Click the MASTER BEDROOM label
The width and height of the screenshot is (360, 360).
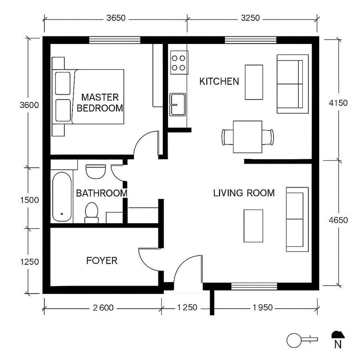(x=100, y=102)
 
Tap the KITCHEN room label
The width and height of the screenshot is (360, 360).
(x=219, y=82)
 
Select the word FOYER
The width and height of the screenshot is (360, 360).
(x=102, y=261)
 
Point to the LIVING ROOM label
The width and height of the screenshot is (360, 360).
(x=244, y=193)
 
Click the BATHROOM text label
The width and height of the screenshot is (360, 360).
(x=101, y=193)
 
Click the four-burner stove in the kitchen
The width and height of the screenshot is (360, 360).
(x=179, y=62)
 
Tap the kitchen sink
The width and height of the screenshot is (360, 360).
(x=178, y=104)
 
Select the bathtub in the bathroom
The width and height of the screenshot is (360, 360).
(x=62, y=197)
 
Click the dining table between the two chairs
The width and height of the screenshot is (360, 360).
(x=248, y=137)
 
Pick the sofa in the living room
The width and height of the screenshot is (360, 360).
(x=297, y=219)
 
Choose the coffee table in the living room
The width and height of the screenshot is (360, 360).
(x=254, y=226)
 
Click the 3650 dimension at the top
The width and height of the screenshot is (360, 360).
(x=116, y=18)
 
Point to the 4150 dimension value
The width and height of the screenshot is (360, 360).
(x=338, y=103)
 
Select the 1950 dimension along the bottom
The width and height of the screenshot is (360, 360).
(x=263, y=308)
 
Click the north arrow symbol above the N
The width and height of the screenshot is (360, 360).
(x=337, y=334)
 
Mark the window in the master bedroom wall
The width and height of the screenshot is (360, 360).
(x=114, y=40)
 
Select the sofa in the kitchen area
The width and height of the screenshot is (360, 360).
(x=292, y=84)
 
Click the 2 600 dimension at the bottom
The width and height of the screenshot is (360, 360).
(x=104, y=308)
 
